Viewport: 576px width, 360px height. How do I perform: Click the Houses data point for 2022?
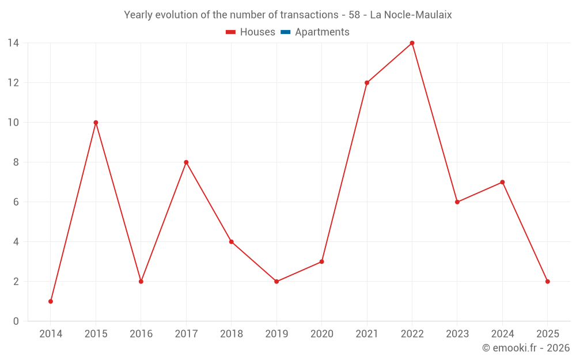point(412,43)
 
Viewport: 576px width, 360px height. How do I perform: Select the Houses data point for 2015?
point(96,122)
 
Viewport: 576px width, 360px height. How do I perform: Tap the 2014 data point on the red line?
point(51,301)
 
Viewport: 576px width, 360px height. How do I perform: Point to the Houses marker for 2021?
point(367,82)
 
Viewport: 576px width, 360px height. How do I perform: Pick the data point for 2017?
point(186,162)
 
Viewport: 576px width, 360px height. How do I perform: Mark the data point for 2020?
point(321,262)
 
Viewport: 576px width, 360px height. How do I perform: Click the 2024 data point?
point(502,182)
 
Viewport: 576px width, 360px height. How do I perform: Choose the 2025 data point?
point(547,282)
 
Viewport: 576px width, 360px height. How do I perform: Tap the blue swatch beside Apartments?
point(286,32)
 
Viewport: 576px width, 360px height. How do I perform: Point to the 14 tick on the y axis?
point(13,43)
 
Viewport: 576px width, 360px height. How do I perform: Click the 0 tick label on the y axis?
point(16,321)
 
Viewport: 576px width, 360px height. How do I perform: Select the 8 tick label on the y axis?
point(16,162)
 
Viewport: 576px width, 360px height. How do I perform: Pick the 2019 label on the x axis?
point(276,334)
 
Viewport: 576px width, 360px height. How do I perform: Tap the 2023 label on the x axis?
point(457,334)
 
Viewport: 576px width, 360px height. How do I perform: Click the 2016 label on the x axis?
point(141,334)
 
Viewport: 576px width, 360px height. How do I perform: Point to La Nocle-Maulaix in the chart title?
point(411,15)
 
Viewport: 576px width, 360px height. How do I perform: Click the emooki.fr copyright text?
point(526,348)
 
